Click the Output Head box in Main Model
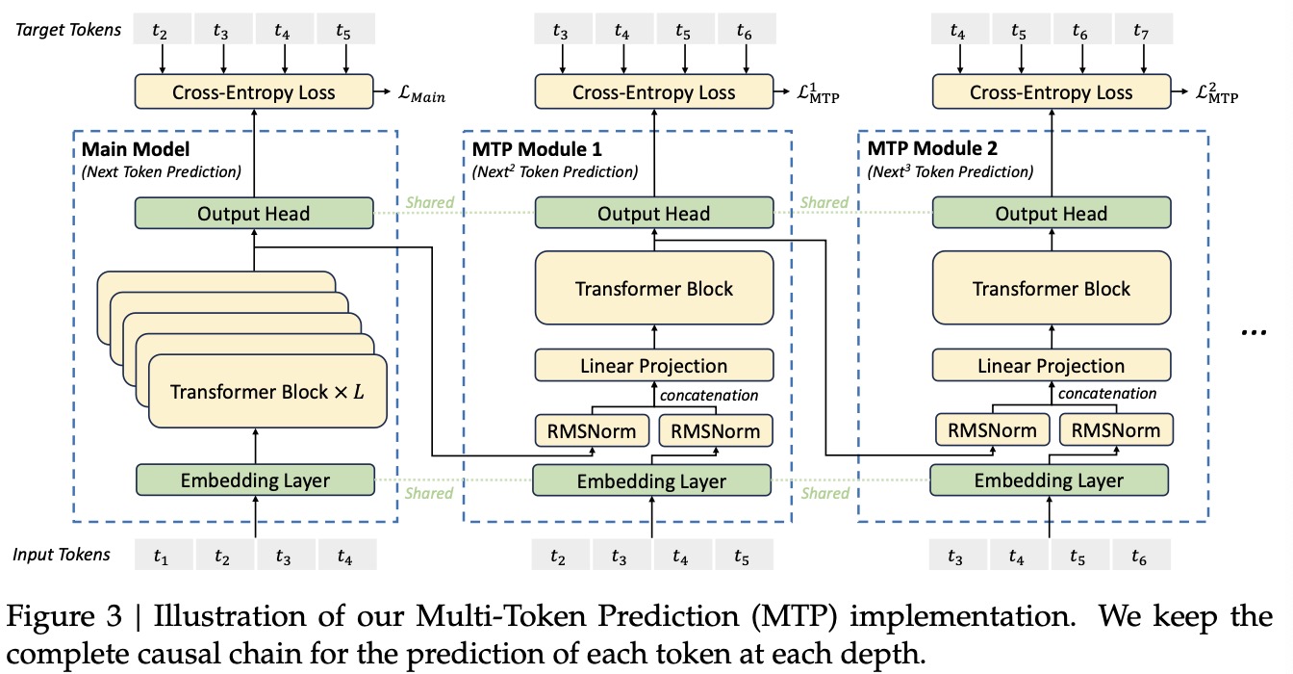click(254, 213)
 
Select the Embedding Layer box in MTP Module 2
click(1049, 480)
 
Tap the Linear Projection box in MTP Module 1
click(653, 366)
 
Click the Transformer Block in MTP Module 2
click(1051, 289)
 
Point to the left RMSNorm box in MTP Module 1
click(592, 430)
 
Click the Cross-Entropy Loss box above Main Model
click(254, 92)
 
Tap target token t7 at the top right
click(1141, 31)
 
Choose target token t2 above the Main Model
click(161, 31)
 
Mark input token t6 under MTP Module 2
click(1140, 556)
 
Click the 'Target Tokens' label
click(66, 30)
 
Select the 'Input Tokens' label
click(62, 555)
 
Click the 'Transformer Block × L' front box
click(266, 392)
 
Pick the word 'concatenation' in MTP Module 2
click(1107, 393)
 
